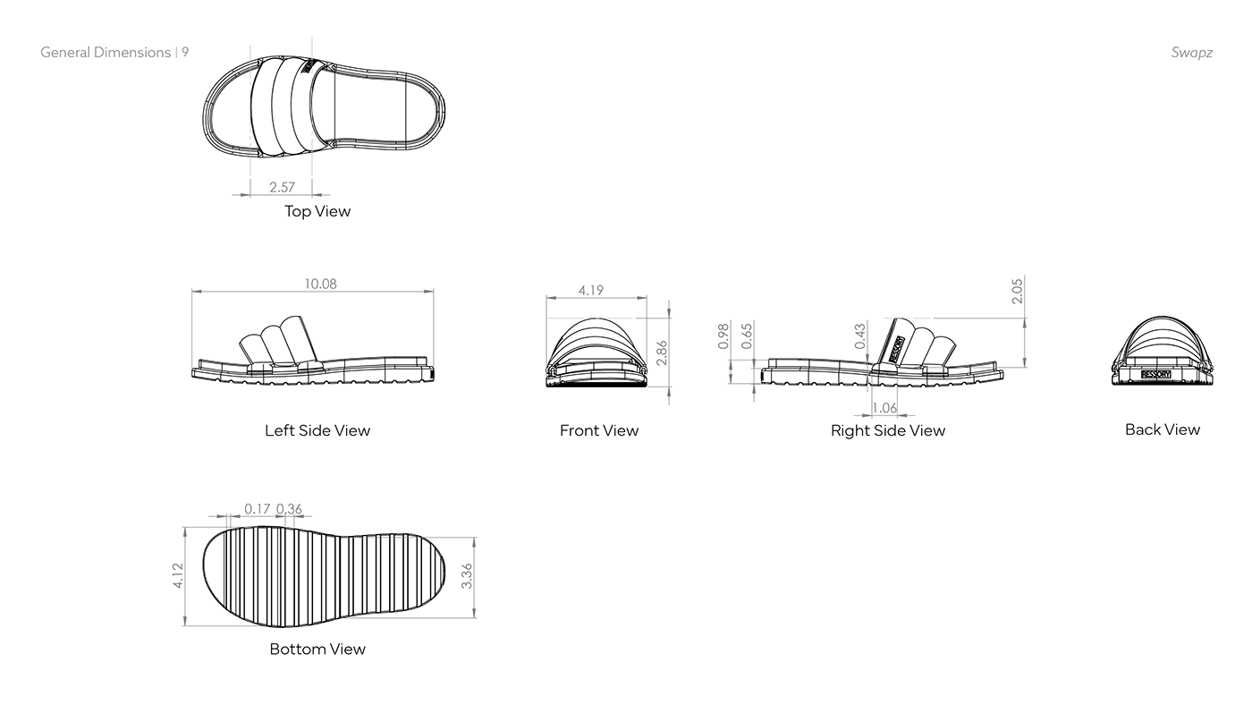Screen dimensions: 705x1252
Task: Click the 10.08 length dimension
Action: click(320, 284)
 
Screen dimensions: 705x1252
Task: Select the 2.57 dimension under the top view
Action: click(282, 187)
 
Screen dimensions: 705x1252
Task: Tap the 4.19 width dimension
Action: click(591, 290)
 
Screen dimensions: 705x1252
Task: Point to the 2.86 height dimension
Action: click(662, 352)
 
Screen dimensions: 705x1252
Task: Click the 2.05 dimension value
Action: click(1017, 291)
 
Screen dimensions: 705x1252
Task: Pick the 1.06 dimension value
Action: click(884, 408)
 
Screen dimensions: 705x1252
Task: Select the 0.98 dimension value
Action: click(723, 335)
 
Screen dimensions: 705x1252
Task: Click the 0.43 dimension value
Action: click(860, 336)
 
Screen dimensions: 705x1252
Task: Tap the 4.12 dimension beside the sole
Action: click(178, 575)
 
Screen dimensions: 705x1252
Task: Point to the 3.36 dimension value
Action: click(466, 575)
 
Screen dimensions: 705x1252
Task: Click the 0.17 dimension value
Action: click(257, 509)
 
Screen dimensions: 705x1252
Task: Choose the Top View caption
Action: click(317, 211)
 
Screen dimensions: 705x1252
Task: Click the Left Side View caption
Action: click(317, 430)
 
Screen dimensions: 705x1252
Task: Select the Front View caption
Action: click(599, 430)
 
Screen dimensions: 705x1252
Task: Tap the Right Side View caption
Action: click(887, 430)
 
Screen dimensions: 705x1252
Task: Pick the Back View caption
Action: click(1162, 429)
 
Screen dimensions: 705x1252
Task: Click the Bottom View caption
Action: click(317, 649)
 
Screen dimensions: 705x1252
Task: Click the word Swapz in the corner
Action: click(1191, 52)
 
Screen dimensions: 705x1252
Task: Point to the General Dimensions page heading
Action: click(106, 52)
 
